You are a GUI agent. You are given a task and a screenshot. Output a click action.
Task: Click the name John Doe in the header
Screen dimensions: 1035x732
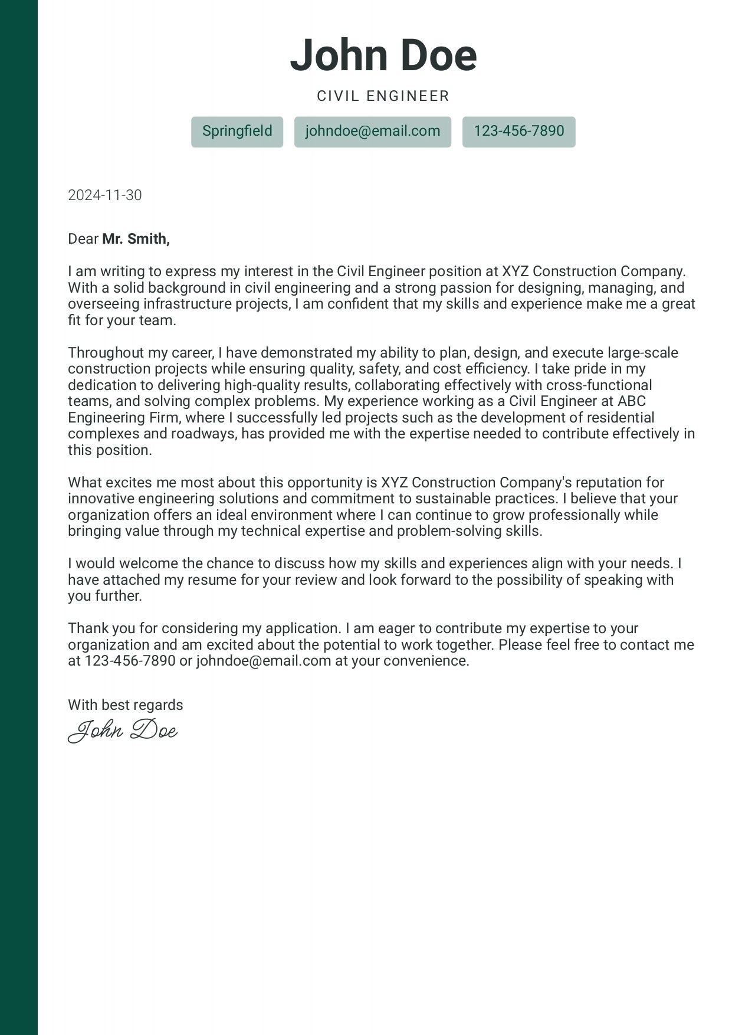[x=383, y=55]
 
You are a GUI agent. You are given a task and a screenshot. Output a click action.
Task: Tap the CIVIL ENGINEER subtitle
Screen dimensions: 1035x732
[x=383, y=96]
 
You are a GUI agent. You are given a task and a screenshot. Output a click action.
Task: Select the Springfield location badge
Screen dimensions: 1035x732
[x=237, y=131]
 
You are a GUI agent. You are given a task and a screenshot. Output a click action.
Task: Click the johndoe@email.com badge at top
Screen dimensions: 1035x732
[x=373, y=131]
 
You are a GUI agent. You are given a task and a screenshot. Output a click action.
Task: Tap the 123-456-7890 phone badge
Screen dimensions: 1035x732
[x=518, y=131]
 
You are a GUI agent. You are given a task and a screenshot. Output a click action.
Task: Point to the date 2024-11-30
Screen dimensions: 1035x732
[x=105, y=195]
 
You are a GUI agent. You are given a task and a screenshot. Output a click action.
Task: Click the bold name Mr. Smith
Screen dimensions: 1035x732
[x=136, y=239]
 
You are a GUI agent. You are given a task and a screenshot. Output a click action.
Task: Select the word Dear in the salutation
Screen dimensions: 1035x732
[x=83, y=239]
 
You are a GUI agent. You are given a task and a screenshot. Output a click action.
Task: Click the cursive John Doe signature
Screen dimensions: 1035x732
[x=123, y=731]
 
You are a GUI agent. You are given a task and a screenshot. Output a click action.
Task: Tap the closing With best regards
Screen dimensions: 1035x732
[x=126, y=705]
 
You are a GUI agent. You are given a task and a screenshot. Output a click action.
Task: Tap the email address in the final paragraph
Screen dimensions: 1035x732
[x=263, y=661]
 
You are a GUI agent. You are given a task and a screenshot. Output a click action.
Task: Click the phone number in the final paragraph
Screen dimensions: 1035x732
[x=130, y=661]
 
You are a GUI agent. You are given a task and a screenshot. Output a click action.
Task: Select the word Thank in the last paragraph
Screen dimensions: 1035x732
[x=87, y=628]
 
